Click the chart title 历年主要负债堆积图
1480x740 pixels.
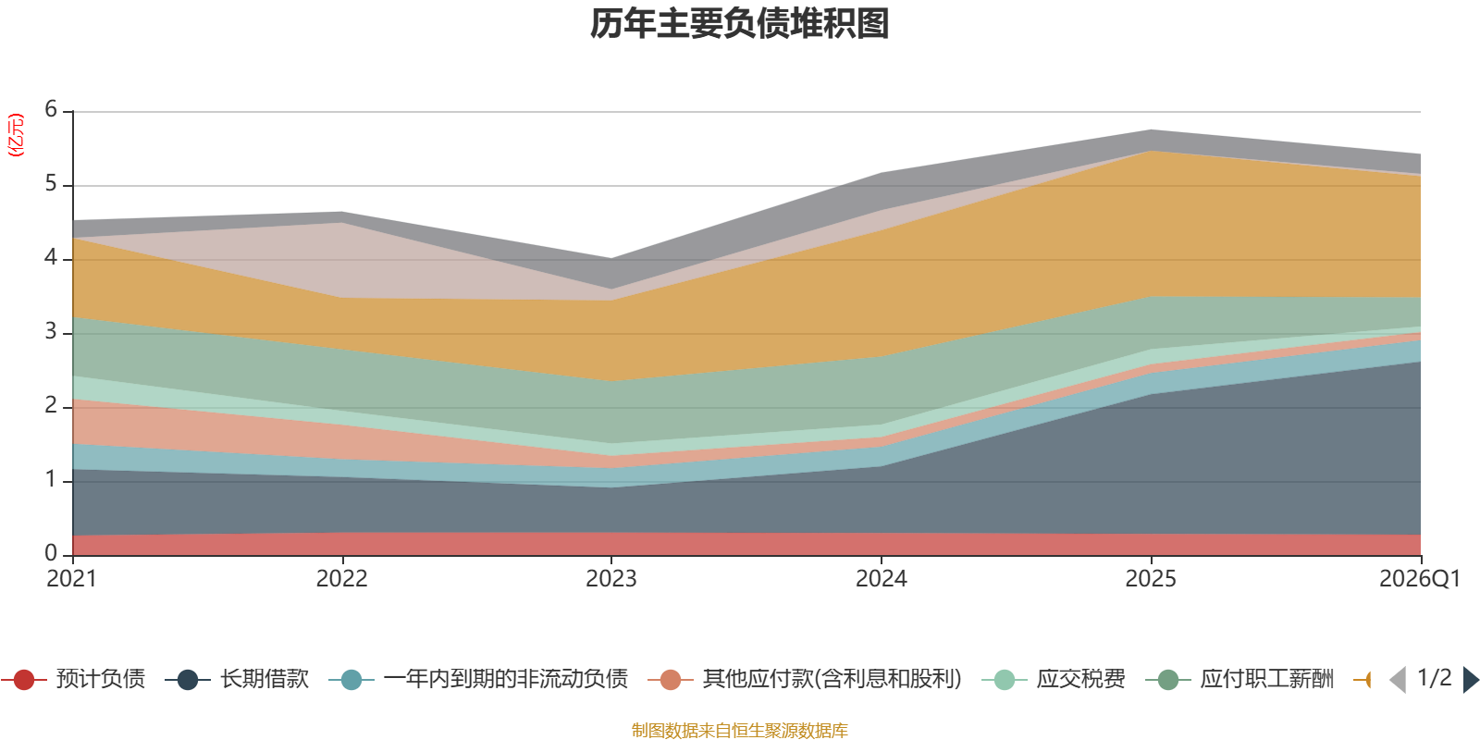click(740, 24)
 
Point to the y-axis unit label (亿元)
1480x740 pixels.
click(16, 135)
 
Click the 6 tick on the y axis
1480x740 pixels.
click(51, 110)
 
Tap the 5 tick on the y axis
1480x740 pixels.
click(51, 184)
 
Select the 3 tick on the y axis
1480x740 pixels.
click(51, 332)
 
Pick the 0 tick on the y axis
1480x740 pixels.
click(51, 553)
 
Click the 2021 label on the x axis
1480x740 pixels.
click(72, 579)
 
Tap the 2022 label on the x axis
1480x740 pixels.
click(341, 579)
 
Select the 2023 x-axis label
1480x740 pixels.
click(610, 579)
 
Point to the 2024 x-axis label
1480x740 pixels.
click(881, 579)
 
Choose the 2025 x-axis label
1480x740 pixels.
click(1151, 579)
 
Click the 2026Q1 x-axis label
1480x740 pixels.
click(1419, 579)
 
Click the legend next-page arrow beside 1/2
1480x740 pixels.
click(1470, 680)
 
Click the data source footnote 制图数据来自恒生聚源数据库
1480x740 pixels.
click(740, 731)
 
